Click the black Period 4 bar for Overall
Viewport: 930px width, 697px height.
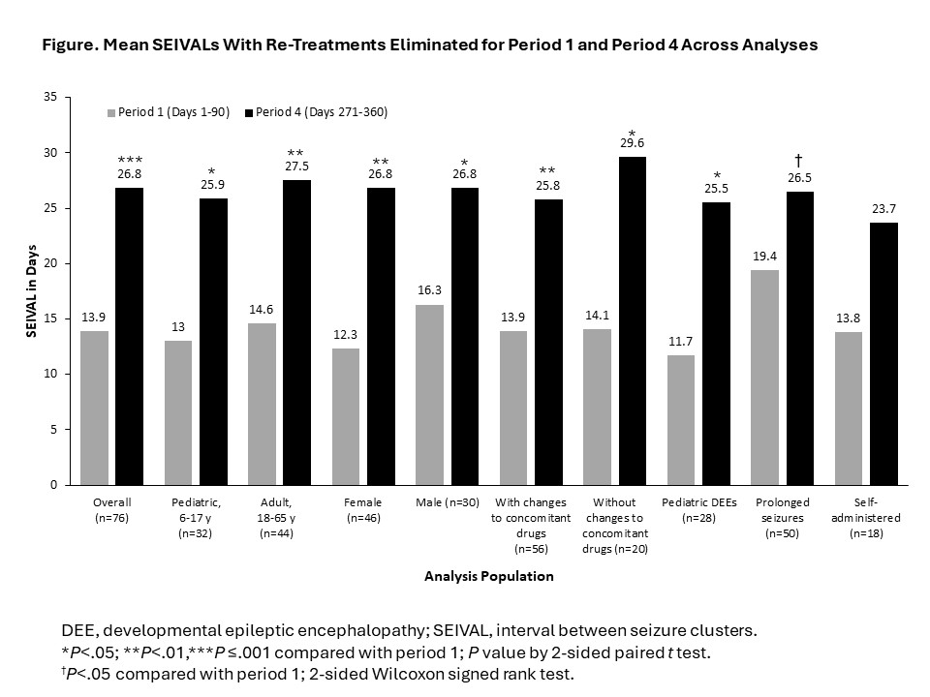[130, 336]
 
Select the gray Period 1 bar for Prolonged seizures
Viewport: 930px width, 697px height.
[765, 377]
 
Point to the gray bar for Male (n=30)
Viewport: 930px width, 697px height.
[430, 394]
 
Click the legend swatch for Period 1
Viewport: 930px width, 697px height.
[110, 112]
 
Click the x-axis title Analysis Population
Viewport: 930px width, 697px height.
[489, 576]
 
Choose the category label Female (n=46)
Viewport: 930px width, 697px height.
[362, 509]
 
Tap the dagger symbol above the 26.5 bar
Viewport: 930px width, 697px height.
[800, 160]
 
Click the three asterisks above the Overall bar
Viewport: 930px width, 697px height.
[130, 160]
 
